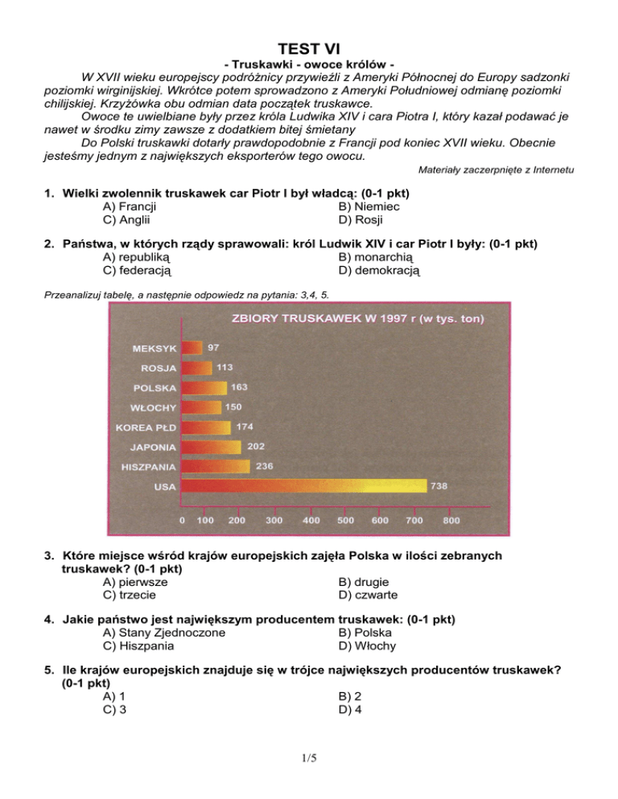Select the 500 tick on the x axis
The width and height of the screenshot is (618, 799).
[x=346, y=520]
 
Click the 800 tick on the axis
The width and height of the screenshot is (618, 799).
[x=451, y=520]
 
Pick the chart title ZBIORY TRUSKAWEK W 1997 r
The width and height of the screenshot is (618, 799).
[x=357, y=318]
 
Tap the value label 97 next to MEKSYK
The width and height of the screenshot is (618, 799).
[x=213, y=348]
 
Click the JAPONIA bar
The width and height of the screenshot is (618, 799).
[x=210, y=446]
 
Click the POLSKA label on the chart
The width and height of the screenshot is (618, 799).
[x=154, y=387]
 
